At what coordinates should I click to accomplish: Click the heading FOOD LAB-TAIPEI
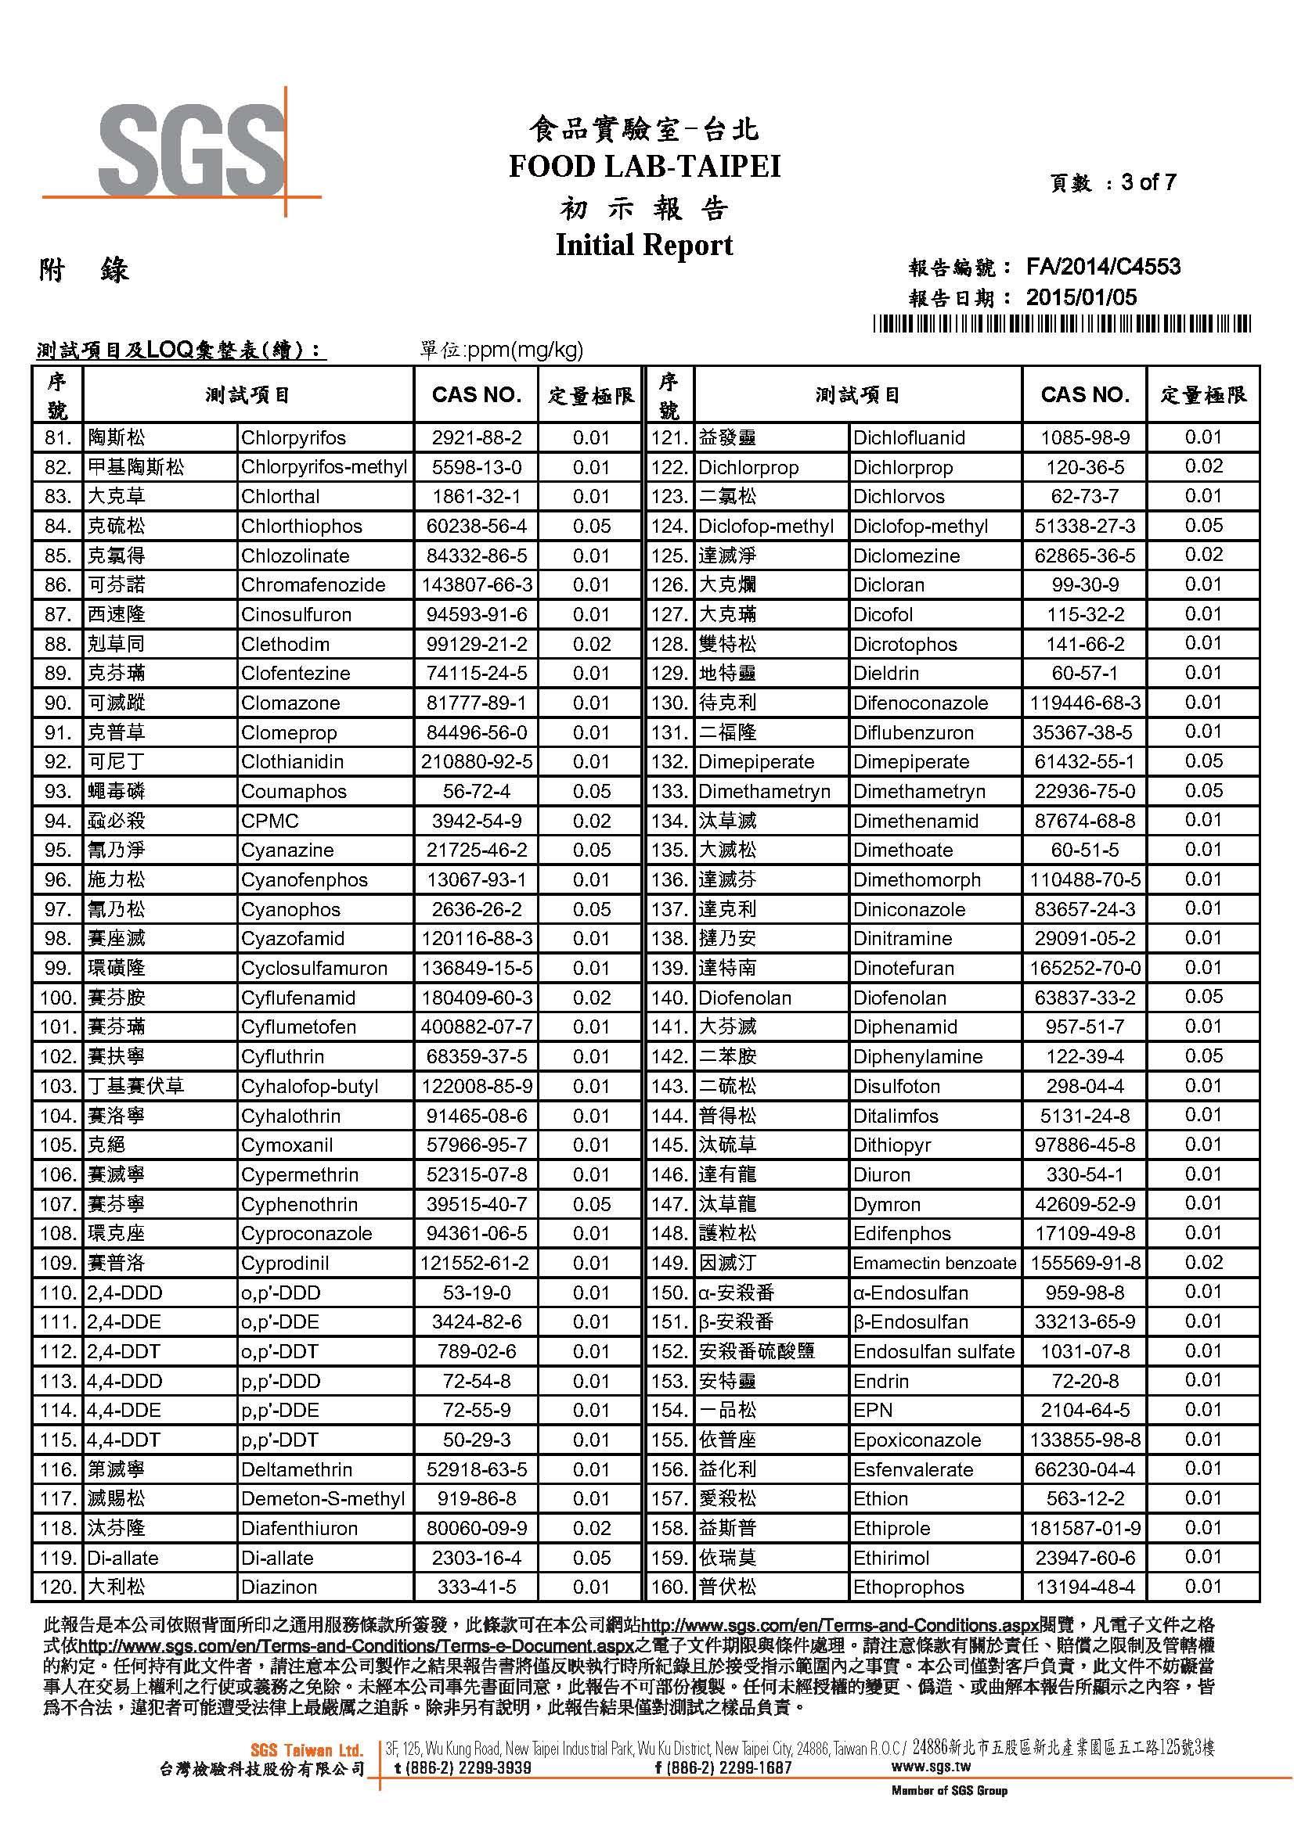[644, 166]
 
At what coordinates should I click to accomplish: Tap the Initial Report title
[644, 244]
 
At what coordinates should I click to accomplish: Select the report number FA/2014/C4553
[1103, 267]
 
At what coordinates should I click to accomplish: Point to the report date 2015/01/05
[1081, 297]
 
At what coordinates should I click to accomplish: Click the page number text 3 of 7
[1148, 182]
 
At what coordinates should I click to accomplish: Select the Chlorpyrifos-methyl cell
[324, 467]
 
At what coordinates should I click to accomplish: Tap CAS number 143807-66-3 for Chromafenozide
[476, 585]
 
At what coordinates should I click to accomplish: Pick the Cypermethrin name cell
[300, 1175]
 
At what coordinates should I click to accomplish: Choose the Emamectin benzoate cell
[934, 1264]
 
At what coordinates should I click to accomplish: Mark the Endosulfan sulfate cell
[934, 1352]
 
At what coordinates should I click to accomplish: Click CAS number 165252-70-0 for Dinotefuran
[1085, 969]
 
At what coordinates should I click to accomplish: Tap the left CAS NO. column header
[476, 394]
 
